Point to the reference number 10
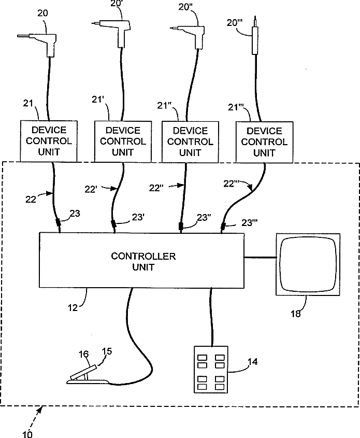(27, 434)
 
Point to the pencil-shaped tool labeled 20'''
(255, 39)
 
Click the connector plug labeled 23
(58, 223)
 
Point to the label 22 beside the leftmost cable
(31, 197)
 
